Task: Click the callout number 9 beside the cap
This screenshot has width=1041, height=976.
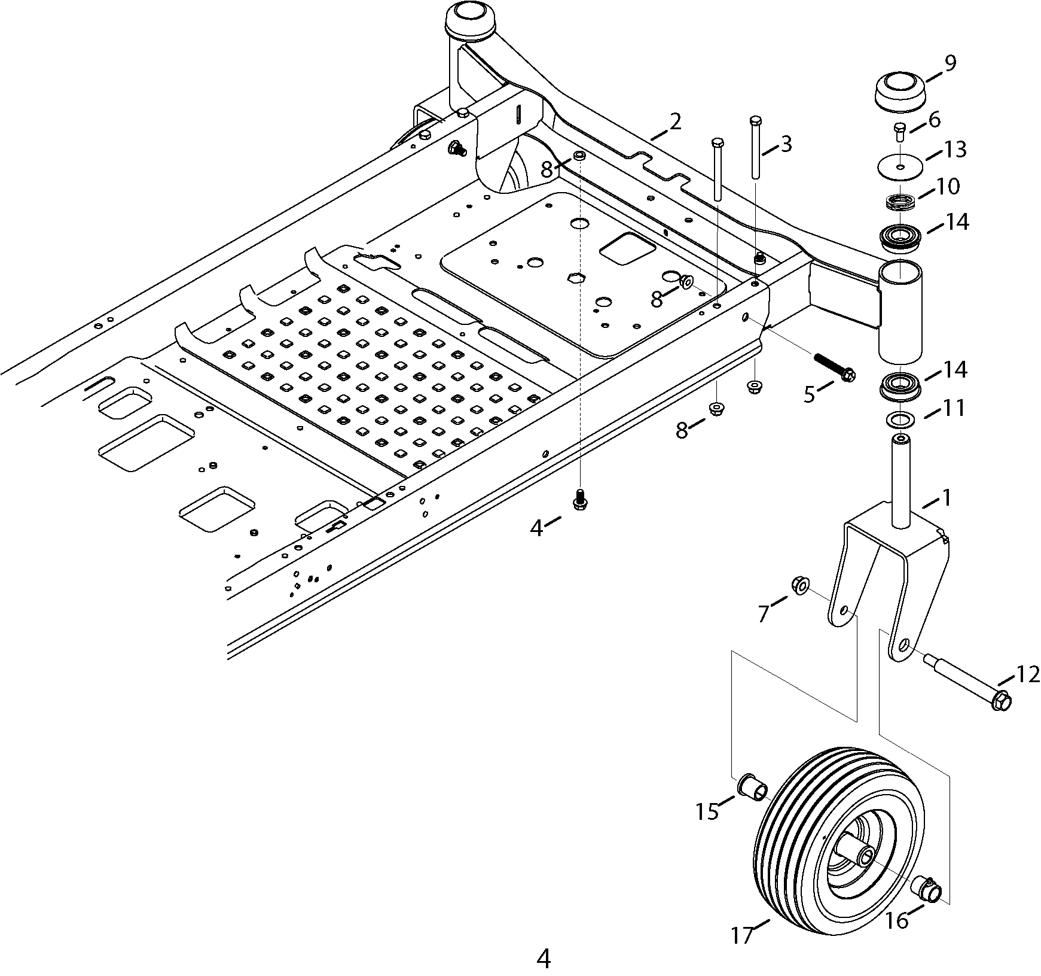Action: (950, 63)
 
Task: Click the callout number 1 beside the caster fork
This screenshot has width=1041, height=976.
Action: (945, 498)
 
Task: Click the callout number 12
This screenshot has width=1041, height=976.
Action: (1028, 674)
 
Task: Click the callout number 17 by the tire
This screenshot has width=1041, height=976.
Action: (743, 935)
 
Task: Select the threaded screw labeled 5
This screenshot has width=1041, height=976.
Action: (835, 366)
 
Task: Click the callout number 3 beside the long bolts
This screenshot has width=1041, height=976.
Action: (786, 144)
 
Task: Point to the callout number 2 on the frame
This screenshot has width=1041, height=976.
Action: (675, 122)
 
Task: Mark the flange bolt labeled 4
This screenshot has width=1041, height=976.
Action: (578, 499)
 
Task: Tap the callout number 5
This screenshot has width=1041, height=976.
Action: (810, 394)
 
